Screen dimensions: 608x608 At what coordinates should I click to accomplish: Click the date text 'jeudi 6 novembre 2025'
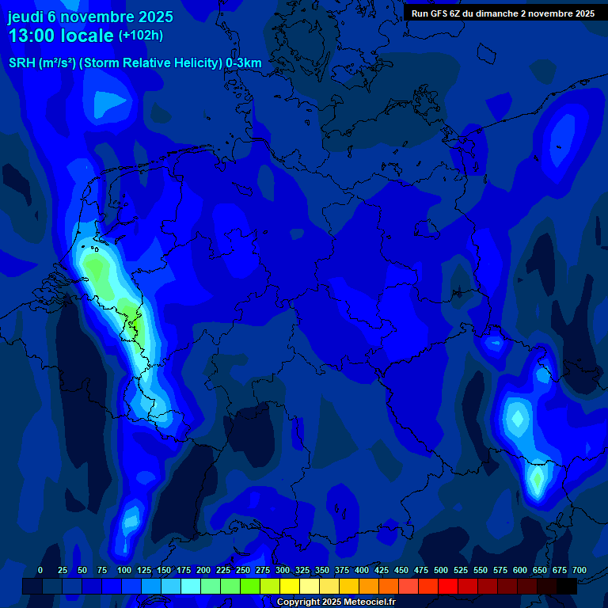point(90,17)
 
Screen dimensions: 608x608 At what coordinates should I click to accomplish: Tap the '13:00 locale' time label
point(61,36)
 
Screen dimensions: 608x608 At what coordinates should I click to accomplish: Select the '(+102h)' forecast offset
point(141,36)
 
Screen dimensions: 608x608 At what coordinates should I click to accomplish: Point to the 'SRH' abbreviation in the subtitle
point(21,63)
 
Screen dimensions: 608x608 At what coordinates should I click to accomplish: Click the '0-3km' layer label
point(244,63)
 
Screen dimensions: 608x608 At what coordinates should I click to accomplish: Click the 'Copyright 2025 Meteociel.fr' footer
point(336,602)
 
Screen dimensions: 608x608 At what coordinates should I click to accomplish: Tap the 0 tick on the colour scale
point(40,571)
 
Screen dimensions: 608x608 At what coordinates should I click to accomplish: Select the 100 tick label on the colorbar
point(124,571)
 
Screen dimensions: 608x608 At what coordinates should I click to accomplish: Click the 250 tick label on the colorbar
point(243,571)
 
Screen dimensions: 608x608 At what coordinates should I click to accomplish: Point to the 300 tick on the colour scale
point(283,571)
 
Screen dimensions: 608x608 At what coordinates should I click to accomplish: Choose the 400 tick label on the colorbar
point(362,571)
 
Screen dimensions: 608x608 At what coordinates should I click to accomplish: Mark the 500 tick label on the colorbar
point(441,571)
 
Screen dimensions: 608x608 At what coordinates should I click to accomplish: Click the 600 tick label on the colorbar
point(520,571)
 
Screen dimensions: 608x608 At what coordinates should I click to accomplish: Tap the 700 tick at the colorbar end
point(579,571)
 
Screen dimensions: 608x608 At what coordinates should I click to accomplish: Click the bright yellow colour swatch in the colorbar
point(290,586)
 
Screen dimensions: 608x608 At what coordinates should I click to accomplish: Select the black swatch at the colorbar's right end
point(567,586)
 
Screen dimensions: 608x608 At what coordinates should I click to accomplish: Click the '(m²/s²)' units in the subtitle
point(57,63)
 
